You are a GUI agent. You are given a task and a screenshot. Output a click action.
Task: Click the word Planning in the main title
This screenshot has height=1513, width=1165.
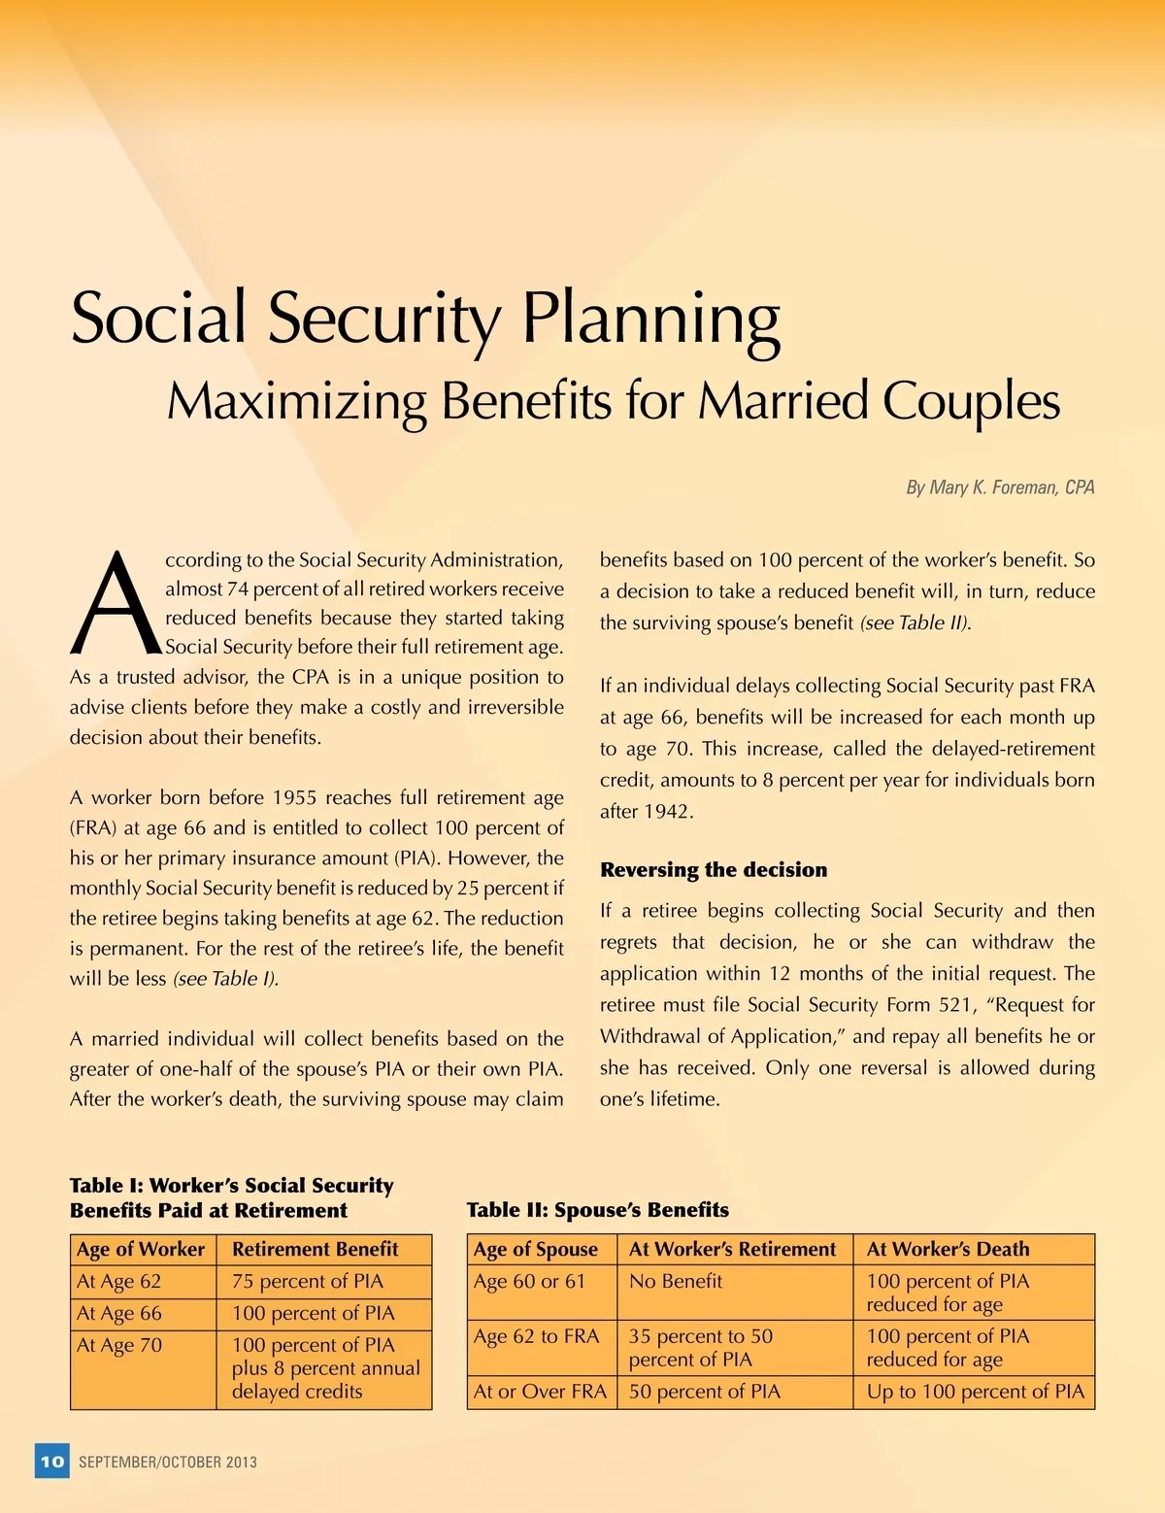coord(650,319)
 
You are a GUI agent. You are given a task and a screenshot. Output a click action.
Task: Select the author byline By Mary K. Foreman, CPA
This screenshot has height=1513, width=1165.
coord(1000,488)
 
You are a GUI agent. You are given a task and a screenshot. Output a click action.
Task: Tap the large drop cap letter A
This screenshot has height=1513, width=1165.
coord(114,604)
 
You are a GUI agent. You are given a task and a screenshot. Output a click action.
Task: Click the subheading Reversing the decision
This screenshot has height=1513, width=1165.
coord(714,869)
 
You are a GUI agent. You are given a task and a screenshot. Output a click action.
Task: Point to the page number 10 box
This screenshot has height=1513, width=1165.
coord(52,1461)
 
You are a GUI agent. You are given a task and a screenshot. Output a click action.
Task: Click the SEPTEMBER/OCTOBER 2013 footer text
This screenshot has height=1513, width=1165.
coord(168,1462)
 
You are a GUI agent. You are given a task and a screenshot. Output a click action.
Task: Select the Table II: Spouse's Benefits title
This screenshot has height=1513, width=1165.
coord(597,1209)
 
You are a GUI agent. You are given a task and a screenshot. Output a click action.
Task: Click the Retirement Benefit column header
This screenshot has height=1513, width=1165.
coord(315,1249)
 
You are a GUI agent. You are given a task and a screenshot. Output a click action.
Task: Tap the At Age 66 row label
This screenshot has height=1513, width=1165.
coord(119,1313)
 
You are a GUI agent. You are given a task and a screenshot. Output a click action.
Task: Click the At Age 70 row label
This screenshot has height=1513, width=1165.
coord(119,1345)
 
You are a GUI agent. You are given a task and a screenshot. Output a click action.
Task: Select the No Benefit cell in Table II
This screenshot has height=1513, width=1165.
coord(676,1281)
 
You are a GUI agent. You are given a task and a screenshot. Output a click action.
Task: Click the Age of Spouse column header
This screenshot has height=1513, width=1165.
coord(535,1249)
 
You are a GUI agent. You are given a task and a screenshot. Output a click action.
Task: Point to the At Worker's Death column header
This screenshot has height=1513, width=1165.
coord(948,1249)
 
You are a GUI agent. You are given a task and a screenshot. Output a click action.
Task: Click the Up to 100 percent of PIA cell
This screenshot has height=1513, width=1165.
coord(975,1392)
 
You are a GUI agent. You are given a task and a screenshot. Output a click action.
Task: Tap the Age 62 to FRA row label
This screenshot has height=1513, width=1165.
coord(536,1336)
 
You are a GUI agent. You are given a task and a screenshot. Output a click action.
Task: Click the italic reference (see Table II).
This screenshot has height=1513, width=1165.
coord(915,622)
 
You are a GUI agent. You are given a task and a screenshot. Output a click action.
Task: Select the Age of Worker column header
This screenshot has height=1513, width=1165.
coord(141,1249)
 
